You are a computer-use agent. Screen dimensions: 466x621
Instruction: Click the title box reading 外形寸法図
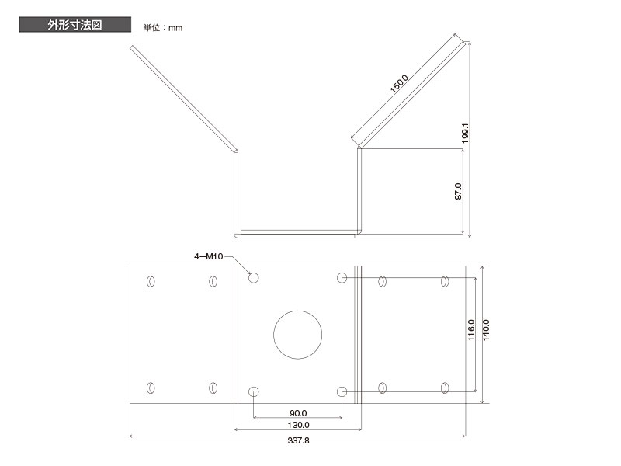[x=74, y=24]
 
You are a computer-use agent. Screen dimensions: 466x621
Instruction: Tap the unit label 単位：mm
[x=162, y=28]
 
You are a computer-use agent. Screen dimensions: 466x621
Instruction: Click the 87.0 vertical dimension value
[x=458, y=192]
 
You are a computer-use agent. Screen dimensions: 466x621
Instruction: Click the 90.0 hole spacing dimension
[x=298, y=412]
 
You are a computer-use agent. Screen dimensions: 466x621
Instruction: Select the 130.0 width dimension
[x=298, y=425]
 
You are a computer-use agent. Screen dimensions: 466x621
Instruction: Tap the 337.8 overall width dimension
[x=298, y=440]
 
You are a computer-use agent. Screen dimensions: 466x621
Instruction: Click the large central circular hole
[x=297, y=335]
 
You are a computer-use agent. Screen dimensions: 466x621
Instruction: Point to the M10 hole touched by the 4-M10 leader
[x=253, y=277]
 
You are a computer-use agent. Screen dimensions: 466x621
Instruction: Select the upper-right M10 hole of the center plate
[x=342, y=277]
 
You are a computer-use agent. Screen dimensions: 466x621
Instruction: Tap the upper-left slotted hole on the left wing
[x=151, y=281]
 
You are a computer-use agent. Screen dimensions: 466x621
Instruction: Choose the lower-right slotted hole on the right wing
[x=445, y=387]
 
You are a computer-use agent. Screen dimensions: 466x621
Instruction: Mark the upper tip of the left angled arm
[x=132, y=47]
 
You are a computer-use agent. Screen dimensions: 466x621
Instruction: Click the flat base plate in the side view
[x=298, y=231]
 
